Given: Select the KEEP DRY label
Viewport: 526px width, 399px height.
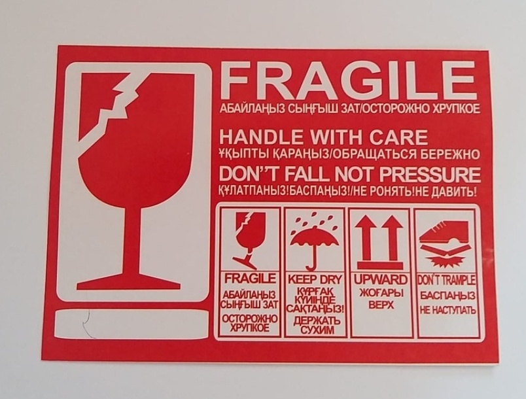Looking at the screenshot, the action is point(314,279).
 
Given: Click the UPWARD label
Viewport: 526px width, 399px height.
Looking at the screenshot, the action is point(380,279).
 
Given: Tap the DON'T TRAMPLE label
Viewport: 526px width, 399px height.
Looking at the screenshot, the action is point(446,280).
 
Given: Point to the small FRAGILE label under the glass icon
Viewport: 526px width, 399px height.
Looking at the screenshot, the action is point(250,278).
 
